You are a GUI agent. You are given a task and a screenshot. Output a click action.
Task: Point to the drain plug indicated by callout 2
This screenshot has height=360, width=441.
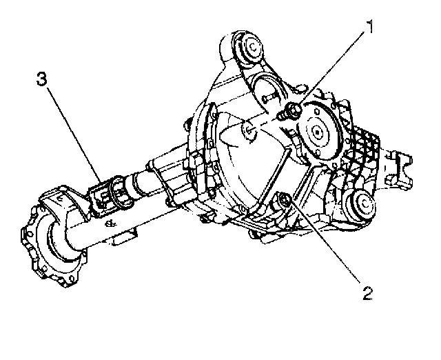click(x=282, y=201)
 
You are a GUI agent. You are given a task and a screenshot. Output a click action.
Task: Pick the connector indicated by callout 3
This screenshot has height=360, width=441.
click(x=105, y=196)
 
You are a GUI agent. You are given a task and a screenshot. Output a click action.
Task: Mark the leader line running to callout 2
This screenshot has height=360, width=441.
click(x=324, y=245)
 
